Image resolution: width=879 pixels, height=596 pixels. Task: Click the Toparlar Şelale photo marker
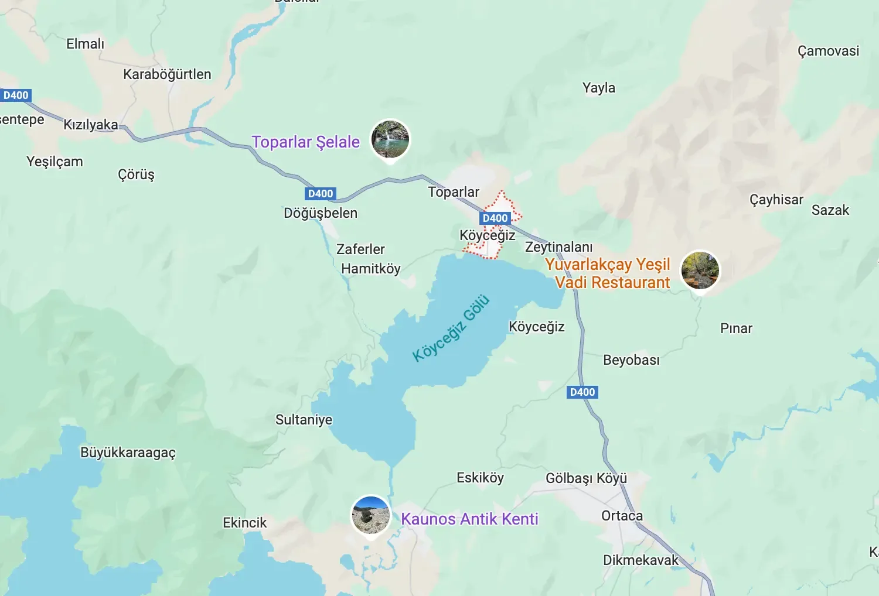tap(391, 139)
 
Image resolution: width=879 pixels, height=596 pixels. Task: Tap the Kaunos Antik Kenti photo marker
tap(370, 515)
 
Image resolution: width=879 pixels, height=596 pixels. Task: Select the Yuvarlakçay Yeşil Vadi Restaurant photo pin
tap(700, 270)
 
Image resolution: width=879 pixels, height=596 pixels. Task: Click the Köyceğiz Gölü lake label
tap(451, 328)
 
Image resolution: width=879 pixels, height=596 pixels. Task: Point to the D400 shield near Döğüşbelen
tap(321, 194)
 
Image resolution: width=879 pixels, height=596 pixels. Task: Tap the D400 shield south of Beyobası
tap(582, 392)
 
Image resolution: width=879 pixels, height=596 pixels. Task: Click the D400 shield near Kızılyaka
tap(16, 95)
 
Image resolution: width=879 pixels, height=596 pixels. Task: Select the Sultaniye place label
tap(304, 420)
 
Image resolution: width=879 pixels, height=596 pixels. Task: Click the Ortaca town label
tap(622, 516)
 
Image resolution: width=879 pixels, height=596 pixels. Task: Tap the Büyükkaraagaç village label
tap(128, 453)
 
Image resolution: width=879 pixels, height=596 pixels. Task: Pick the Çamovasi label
tap(828, 51)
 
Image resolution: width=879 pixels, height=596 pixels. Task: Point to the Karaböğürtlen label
tap(167, 74)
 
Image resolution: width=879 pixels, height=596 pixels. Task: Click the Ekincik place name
tap(244, 523)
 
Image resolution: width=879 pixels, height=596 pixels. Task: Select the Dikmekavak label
tap(640, 560)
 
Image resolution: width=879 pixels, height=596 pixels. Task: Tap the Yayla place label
tap(598, 88)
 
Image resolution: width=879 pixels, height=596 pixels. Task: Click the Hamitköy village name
tap(371, 269)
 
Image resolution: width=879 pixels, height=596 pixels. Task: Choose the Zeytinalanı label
tap(558, 247)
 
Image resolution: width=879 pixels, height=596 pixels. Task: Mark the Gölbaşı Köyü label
tap(586, 478)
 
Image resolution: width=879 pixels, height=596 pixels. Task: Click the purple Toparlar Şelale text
tap(305, 142)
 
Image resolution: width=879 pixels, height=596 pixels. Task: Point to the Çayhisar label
tap(776, 200)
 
